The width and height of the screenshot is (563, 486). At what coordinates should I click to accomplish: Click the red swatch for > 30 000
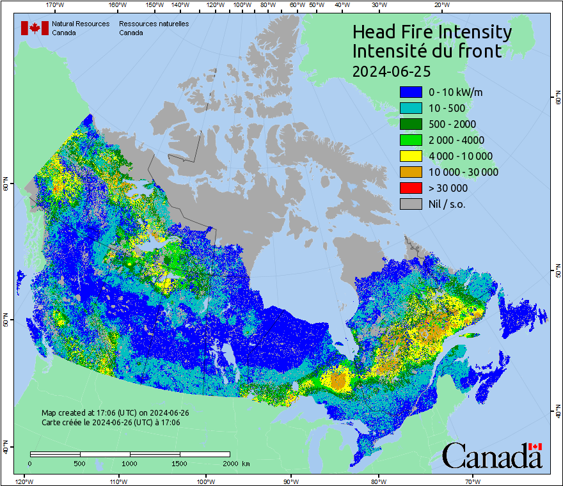[x=411, y=188]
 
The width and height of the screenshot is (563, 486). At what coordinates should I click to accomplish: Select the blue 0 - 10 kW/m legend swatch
[x=411, y=92]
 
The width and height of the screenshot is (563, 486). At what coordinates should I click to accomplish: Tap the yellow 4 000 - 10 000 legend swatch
[x=411, y=156]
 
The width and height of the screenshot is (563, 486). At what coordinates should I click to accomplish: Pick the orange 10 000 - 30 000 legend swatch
[x=411, y=172]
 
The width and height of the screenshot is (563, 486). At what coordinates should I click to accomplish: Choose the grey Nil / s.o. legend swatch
[x=411, y=204]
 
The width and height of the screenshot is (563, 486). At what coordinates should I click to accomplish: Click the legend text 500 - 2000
[x=452, y=124]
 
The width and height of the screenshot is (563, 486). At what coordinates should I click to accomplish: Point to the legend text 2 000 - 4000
[x=456, y=140]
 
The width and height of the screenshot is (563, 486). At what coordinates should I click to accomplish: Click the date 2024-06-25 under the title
[x=392, y=70]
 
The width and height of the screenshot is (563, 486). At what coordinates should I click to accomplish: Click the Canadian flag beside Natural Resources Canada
[x=35, y=28]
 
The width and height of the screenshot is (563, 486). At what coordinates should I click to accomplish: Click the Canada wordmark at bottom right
[x=492, y=455]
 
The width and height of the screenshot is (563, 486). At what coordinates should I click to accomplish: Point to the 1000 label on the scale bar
[x=130, y=463]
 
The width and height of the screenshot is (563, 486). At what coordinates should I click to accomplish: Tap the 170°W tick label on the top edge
[x=55, y=5]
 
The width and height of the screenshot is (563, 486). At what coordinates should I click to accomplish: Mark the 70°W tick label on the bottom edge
[x=473, y=481]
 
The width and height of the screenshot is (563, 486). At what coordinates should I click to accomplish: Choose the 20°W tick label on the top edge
[x=440, y=5]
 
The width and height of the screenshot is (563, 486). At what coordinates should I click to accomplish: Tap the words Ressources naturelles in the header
[x=154, y=24]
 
